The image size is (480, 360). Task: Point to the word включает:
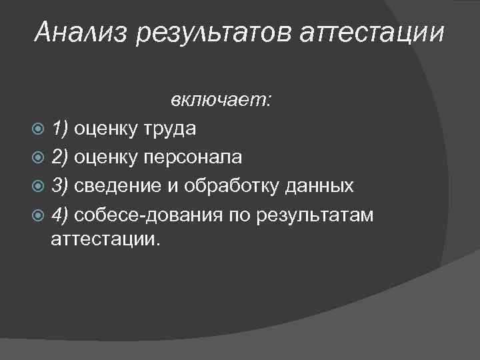click(221, 100)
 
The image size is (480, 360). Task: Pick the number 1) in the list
click(60, 129)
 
